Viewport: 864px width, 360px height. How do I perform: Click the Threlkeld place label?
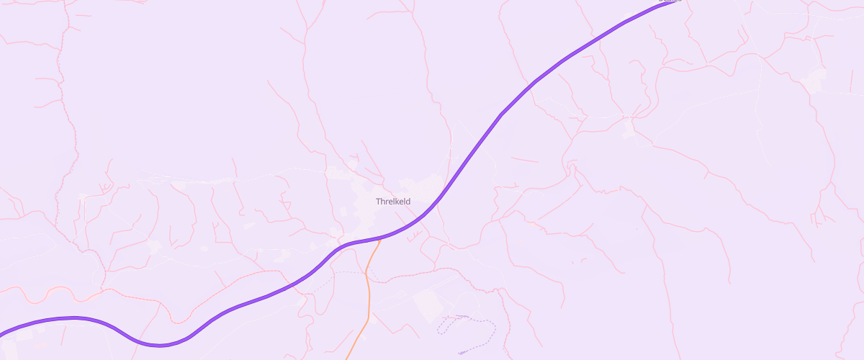393,202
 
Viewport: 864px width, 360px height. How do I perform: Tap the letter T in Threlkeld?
378,202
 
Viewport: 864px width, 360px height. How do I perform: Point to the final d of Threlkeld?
408,202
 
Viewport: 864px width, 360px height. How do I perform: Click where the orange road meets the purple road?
379,240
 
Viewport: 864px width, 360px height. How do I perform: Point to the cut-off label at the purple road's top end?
670,1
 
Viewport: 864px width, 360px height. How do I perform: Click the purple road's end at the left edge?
2,335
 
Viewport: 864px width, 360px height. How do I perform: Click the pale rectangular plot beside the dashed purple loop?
428,302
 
